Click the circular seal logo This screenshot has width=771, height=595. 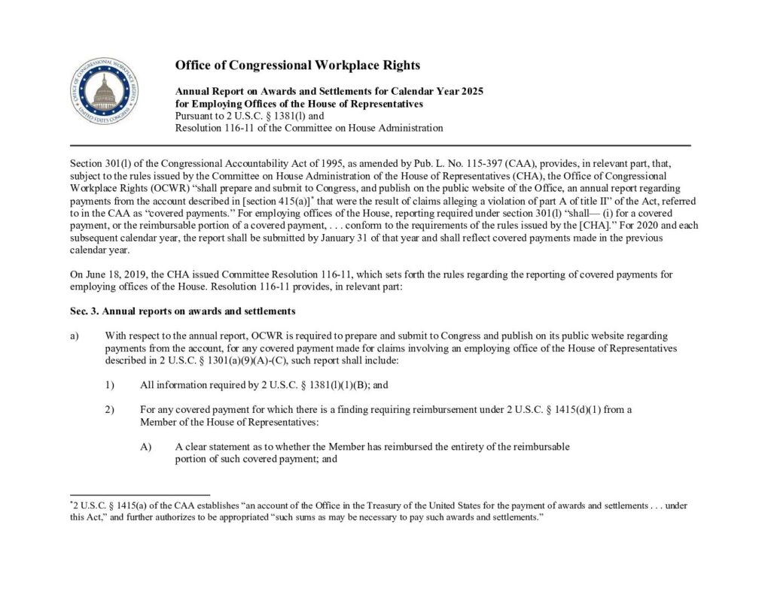(105, 93)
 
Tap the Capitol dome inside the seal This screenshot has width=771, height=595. (105, 91)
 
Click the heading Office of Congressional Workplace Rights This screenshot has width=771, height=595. (297, 65)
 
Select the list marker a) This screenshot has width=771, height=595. (75, 335)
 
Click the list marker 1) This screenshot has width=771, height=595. (110, 385)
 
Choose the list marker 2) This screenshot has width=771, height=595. (110, 410)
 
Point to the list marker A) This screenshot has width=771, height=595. (146, 447)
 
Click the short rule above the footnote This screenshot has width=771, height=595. (130, 495)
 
